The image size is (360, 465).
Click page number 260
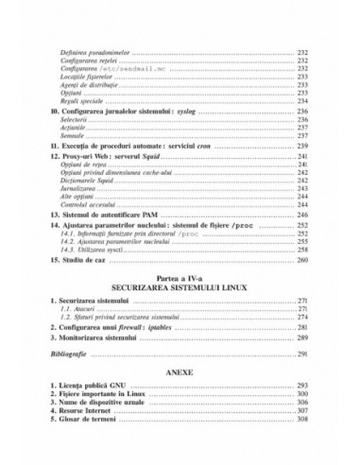coord(304,258)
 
